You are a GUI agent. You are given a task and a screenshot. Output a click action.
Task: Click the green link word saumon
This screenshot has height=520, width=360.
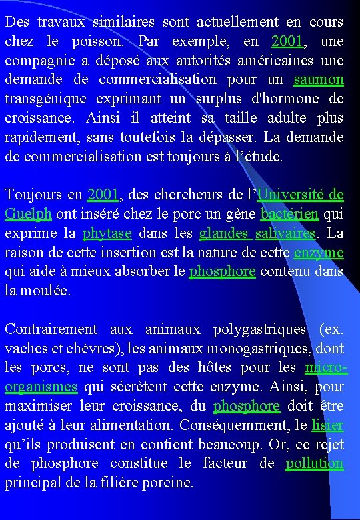coord(319,79)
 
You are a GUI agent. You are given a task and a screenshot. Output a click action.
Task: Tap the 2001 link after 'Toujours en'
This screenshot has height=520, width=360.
coord(103,195)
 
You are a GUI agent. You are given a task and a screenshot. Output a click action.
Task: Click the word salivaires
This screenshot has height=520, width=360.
coord(286,233)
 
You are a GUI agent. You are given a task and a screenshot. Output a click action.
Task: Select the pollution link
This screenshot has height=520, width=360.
coord(315,463)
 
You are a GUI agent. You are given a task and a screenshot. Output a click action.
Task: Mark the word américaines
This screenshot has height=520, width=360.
coord(267,60)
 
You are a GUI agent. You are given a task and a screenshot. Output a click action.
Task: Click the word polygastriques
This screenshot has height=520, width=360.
coord(260,329)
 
